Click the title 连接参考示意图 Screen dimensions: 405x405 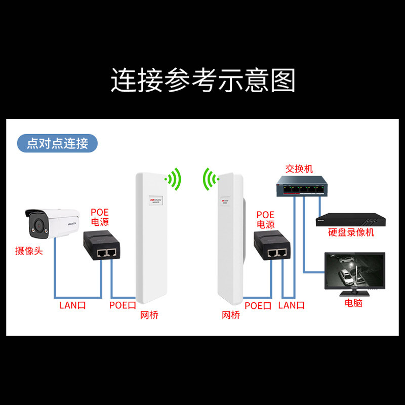coord(202,79)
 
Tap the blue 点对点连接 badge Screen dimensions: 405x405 coord(57,143)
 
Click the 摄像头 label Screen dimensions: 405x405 coord(29,250)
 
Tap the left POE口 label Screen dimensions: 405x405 coord(123,305)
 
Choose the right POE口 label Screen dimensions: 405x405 coord(258,305)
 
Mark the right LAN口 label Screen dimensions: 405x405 coord(292,305)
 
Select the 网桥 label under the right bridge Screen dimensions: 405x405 coord(231,315)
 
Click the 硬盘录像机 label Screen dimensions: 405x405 coord(351,232)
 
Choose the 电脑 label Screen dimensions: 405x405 coord(353,303)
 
